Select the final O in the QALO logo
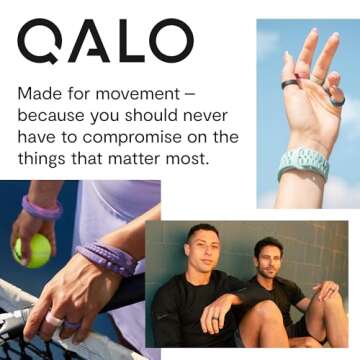click(x=169, y=42)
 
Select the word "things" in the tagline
click(x=49, y=159)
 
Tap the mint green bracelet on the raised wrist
click(x=304, y=160)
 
